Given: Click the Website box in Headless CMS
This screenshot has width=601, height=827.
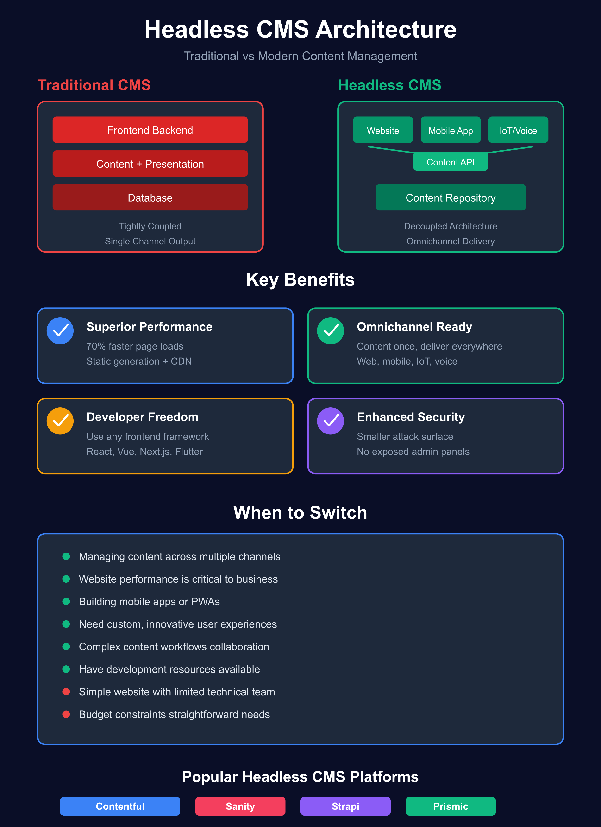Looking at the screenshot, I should pos(383,130).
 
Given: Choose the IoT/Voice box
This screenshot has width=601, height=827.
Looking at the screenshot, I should pos(518,130).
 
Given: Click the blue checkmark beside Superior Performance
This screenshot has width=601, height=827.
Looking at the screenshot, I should pos(60,331).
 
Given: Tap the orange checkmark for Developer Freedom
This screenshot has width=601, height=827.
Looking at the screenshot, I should pos(60,421).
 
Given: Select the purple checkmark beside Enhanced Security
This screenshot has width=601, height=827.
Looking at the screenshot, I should pos(330,421).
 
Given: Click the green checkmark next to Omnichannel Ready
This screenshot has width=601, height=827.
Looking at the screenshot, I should pos(330,331).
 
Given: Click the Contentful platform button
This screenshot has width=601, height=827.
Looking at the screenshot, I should pos(120,806).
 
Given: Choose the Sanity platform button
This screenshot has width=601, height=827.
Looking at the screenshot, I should pos(240,806).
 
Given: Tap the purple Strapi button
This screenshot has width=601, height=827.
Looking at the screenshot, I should pos(345,806).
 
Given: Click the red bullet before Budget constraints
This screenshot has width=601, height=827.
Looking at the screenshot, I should pos(66,714).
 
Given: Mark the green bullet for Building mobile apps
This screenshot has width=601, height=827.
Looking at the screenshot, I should pos(66,601).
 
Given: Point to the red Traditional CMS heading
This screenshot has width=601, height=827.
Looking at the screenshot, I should pos(94,85).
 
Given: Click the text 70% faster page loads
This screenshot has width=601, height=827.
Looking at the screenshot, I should pos(135,346).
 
